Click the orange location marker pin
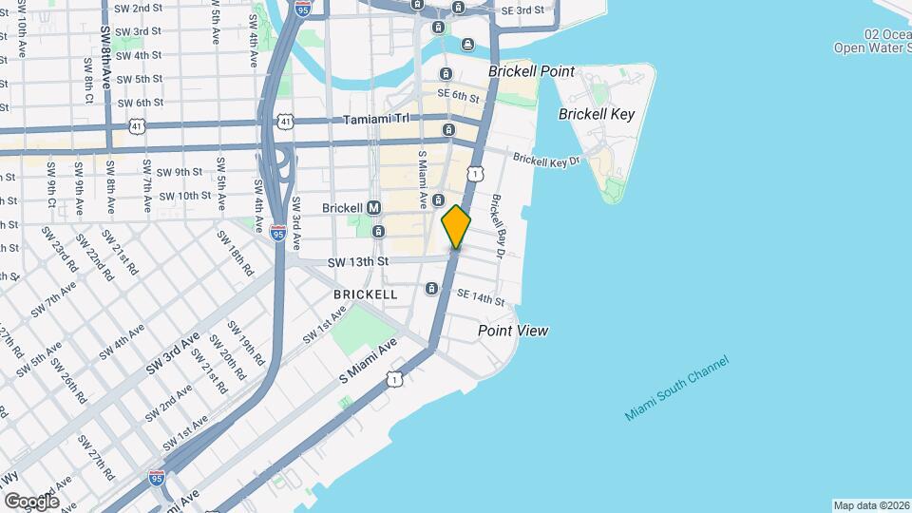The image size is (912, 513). coord(457,227)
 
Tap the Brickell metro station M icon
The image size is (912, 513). coord(373,207)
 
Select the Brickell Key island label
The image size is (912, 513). coord(597,114)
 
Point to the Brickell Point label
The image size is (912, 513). coord(532,71)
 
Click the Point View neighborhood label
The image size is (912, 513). coord(513,331)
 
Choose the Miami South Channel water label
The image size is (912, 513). coord(677,389)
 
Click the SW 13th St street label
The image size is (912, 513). coord(358,261)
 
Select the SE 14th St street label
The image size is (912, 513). coord(479,298)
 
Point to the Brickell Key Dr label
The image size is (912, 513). coord(546,161)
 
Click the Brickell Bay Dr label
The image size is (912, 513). coord(501,224)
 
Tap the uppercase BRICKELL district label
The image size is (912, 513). coord(366,294)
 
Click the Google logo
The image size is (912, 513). coord(31,501)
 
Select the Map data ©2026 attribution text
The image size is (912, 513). coord(870,505)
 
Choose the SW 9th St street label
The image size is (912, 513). coord(180,172)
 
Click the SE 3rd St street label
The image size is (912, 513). coord(522,9)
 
